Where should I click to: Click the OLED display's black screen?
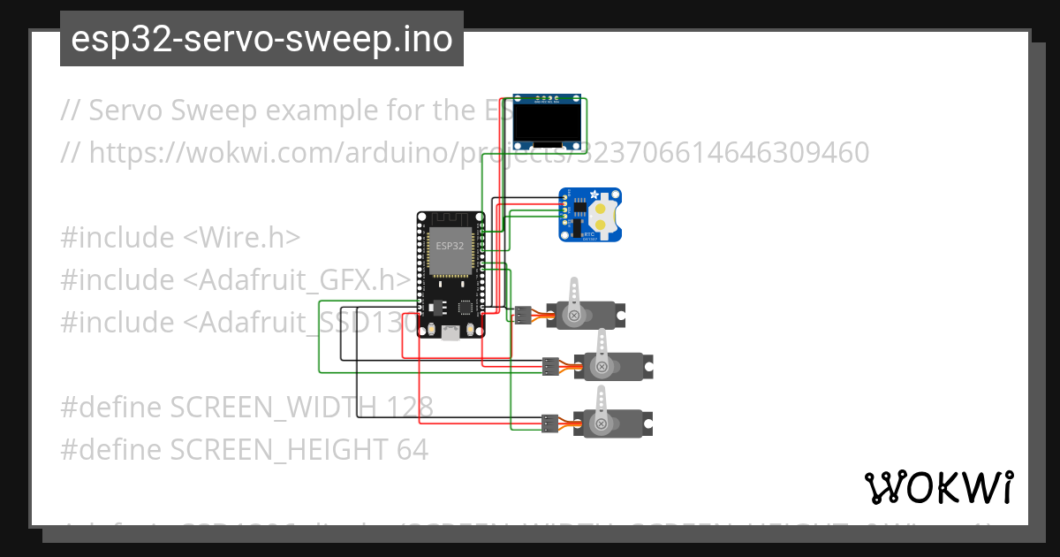click(x=549, y=124)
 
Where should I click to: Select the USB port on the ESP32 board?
click(x=450, y=332)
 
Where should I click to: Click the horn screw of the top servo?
click(x=575, y=315)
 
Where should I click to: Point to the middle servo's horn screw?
click(x=602, y=366)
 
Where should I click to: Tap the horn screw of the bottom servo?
click(x=602, y=423)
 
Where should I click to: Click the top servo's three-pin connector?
click(x=524, y=314)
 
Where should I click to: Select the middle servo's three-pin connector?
click(x=550, y=365)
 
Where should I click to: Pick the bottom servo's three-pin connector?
click(x=550, y=423)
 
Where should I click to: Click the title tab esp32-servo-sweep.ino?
click(x=261, y=39)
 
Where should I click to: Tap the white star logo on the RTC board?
click(x=594, y=195)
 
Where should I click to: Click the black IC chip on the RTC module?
click(x=579, y=210)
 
